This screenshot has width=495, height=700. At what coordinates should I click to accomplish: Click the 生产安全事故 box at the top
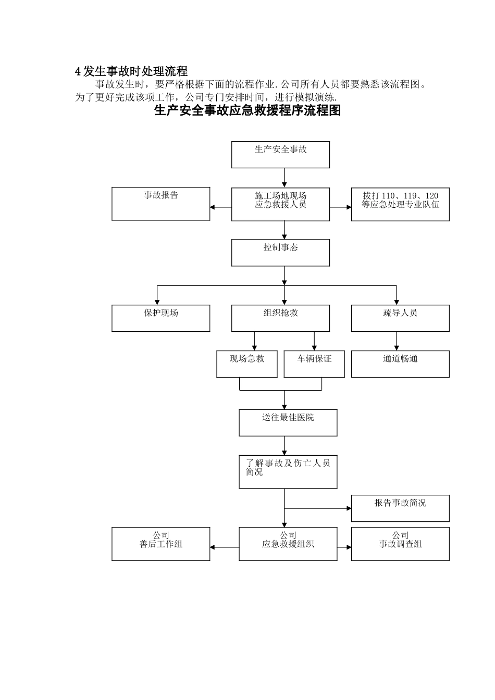click(280, 155)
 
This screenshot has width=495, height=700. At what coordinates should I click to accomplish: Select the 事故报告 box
click(161, 204)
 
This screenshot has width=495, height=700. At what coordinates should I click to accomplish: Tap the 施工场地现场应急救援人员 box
click(280, 204)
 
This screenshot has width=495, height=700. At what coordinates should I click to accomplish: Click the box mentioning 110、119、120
click(400, 204)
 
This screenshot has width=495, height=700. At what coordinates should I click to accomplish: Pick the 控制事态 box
click(280, 253)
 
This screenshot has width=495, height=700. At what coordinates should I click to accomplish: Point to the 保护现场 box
click(161, 318)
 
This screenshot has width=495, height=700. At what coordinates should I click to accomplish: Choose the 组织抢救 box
click(280, 318)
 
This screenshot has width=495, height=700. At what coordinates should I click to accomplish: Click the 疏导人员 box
click(400, 318)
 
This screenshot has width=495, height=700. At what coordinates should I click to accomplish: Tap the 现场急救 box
click(247, 364)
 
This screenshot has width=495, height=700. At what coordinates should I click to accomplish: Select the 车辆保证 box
click(314, 364)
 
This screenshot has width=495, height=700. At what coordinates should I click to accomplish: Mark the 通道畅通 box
click(400, 364)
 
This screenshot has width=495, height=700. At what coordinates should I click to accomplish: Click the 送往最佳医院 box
click(288, 422)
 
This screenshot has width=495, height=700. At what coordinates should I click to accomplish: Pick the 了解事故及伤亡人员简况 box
click(288, 472)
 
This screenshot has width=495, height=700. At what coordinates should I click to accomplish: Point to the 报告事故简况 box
click(400, 508)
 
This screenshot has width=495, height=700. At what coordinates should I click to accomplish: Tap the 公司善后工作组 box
click(161, 544)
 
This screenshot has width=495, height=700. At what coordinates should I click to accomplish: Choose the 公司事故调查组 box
click(400, 544)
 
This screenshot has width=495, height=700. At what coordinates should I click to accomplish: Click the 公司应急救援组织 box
click(288, 544)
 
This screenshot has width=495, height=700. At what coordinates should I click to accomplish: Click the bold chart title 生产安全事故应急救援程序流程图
click(247, 110)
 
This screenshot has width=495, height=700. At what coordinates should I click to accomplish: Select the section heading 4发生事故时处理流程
click(131, 71)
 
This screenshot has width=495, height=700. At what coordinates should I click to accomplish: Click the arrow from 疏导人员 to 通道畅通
click(397, 341)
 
